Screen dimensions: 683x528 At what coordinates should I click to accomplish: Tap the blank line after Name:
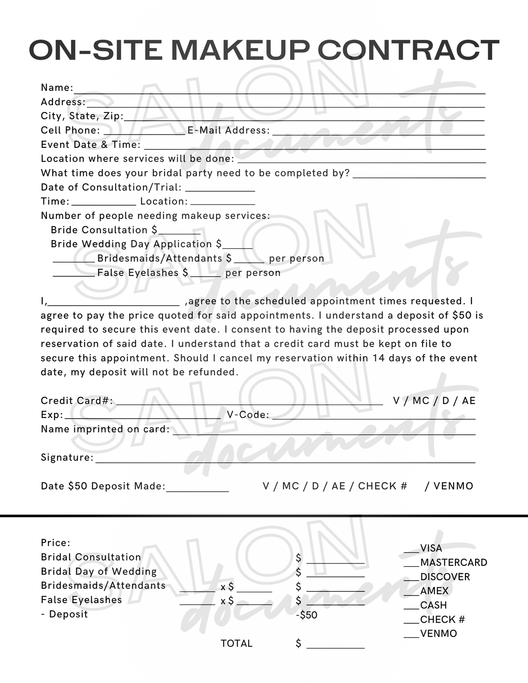(279, 91)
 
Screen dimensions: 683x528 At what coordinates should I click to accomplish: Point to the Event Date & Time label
(91, 145)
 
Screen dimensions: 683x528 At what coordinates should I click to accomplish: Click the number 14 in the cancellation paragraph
(379, 358)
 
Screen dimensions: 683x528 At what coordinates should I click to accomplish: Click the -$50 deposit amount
(307, 615)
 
